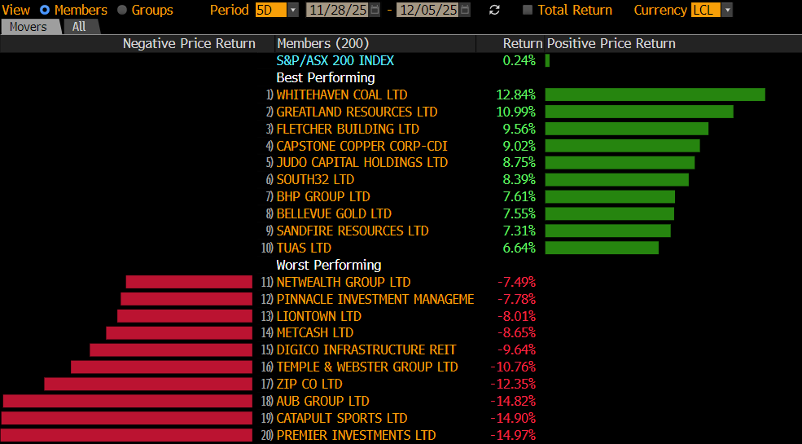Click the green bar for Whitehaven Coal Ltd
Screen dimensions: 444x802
click(x=655, y=95)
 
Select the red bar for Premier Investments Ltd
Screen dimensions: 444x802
click(x=127, y=435)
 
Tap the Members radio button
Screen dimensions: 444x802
click(x=45, y=10)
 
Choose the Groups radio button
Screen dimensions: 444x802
click(x=122, y=10)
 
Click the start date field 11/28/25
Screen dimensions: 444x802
click(x=338, y=10)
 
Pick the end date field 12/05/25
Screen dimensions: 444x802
click(x=428, y=10)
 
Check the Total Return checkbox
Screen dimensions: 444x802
click(x=528, y=10)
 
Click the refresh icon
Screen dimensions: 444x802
click(x=494, y=10)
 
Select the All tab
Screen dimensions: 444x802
click(x=79, y=27)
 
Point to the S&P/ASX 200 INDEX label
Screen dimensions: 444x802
click(x=335, y=60)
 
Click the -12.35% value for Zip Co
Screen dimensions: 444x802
click(x=513, y=384)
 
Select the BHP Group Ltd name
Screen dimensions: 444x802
click(x=323, y=196)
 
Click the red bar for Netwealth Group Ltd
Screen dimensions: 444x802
click(x=189, y=282)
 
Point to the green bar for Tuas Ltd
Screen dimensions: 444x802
click(x=602, y=248)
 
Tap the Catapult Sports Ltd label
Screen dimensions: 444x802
click(x=342, y=418)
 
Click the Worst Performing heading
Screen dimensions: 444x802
click(x=329, y=265)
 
